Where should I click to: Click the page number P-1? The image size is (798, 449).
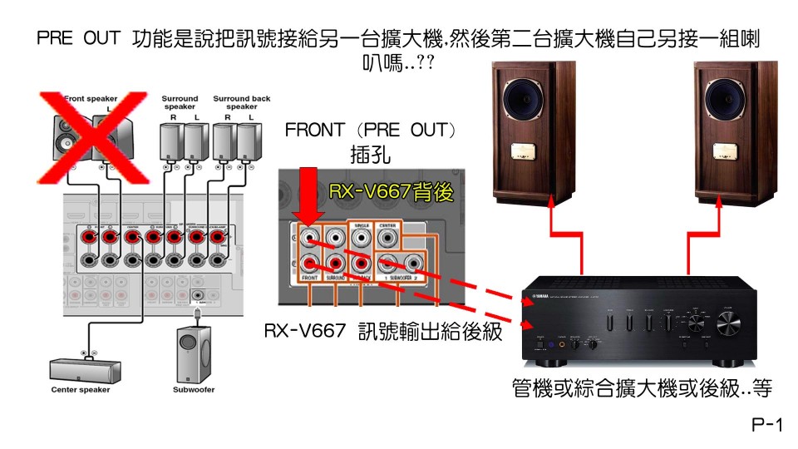pos(766,427)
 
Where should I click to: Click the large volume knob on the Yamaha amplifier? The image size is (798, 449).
pos(732,323)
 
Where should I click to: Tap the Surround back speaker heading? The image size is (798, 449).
pos(236,103)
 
